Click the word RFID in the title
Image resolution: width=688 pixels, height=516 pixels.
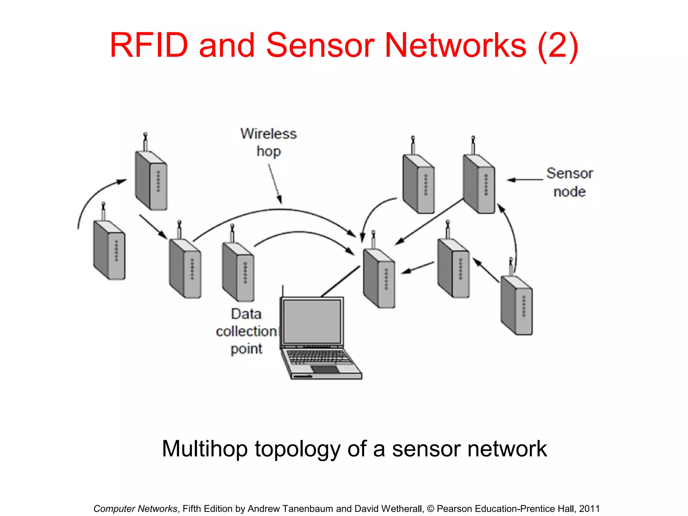[149, 45]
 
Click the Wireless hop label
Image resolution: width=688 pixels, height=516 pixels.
[268, 142]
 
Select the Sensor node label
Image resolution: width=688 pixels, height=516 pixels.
[569, 182]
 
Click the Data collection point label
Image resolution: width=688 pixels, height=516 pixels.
[247, 331]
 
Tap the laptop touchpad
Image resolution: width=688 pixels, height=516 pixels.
[325, 370]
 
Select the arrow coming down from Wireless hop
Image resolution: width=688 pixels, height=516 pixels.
[275, 183]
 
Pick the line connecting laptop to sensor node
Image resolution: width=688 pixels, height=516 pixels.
[340, 282]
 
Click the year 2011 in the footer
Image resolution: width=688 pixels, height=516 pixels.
[589, 509]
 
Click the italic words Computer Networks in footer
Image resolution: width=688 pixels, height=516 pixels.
[135, 509]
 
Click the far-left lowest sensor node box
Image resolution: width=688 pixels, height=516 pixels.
[110, 250]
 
